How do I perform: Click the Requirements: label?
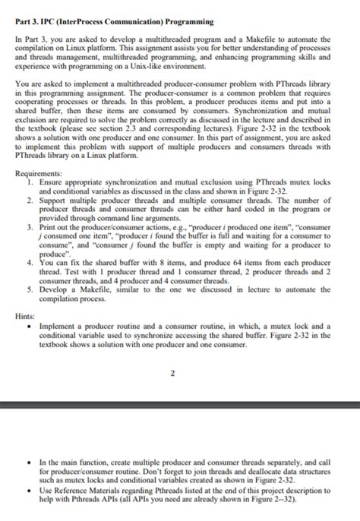click(39, 172)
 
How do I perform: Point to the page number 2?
click(172, 373)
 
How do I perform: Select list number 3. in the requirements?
click(28, 226)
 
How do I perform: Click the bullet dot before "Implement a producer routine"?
click(27, 324)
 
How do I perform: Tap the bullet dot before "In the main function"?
click(27, 461)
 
